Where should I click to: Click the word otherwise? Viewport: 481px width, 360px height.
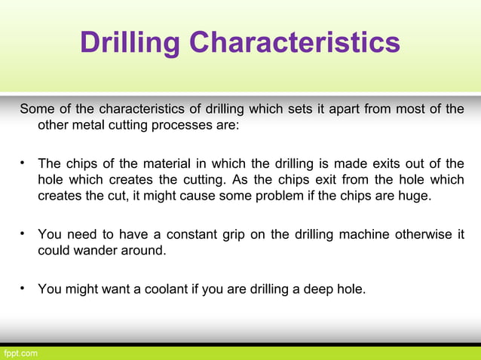(x=425, y=234)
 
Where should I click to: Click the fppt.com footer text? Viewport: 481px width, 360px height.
(x=20, y=352)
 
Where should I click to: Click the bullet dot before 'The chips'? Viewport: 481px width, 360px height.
(x=23, y=163)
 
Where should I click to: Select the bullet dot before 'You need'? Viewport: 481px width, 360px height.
(x=23, y=233)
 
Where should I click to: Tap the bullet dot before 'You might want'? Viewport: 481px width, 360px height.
(x=23, y=286)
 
